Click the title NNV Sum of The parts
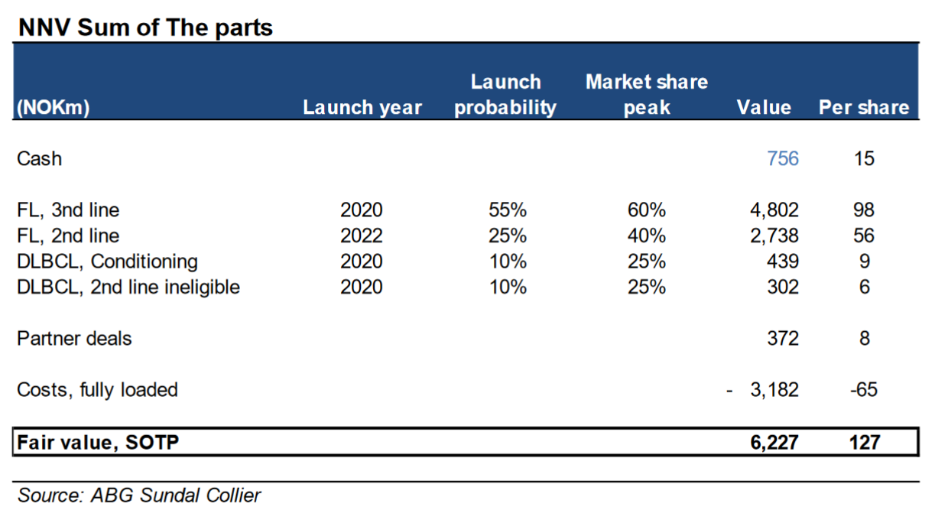pyautogui.click(x=145, y=28)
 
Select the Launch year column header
pyautogui.click(x=362, y=108)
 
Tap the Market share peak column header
pyautogui.click(x=647, y=94)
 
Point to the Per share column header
pyautogui.click(x=864, y=108)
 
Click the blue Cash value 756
pyautogui.click(x=783, y=159)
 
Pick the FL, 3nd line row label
pyautogui.click(x=68, y=210)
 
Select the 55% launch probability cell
pyautogui.click(x=508, y=210)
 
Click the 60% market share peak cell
pyautogui.click(x=647, y=210)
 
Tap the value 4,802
pyautogui.click(x=774, y=210)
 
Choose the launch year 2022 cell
pyautogui.click(x=362, y=236)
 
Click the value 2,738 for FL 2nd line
pyautogui.click(x=774, y=236)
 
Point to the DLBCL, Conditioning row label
pyautogui.click(x=107, y=262)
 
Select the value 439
pyautogui.click(x=783, y=262)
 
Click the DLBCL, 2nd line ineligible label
pyautogui.click(x=128, y=287)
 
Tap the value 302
pyautogui.click(x=783, y=287)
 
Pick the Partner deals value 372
pyautogui.click(x=783, y=339)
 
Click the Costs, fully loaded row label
pyautogui.click(x=97, y=390)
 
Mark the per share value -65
pyautogui.click(x=864, y=390)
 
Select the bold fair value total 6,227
pyautogui.click(x=774, y=443)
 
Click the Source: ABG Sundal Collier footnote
pyautogui.click(x=139, y=496)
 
